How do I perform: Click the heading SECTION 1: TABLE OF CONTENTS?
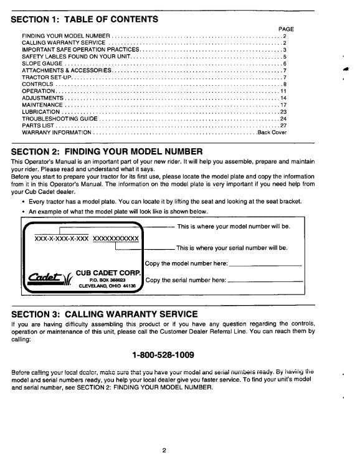[85, 19]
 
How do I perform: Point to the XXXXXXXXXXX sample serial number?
[116, 238]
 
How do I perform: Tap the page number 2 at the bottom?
[163, 450]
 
